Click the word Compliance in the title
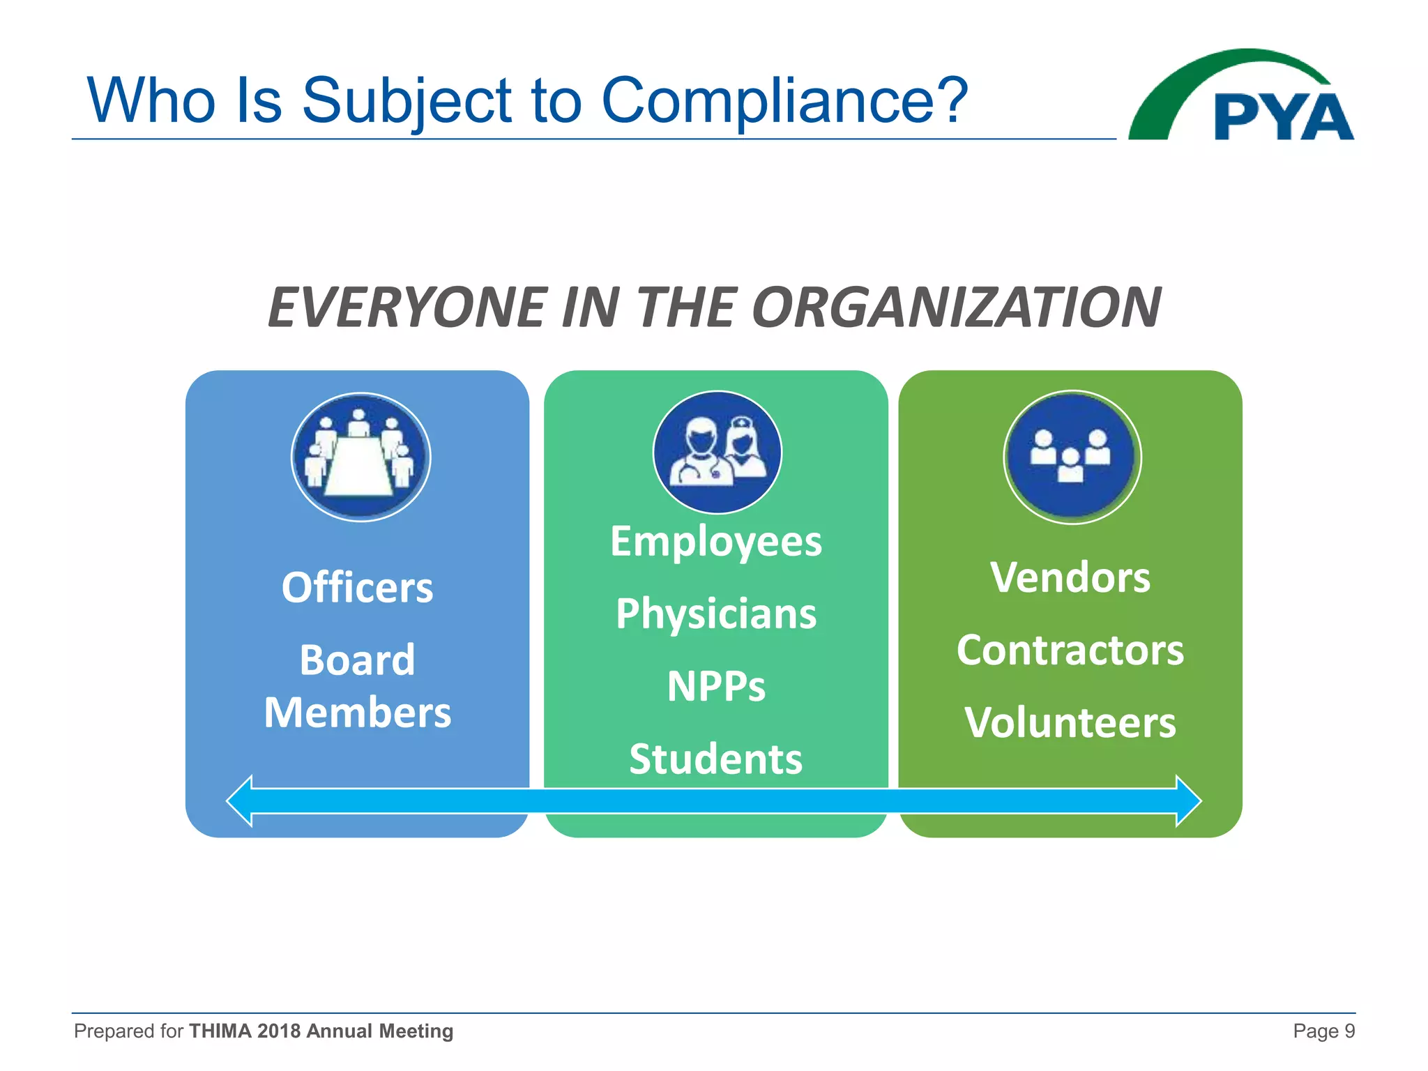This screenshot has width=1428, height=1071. [784, 100]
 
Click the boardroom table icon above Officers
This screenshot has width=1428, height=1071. [360, 457]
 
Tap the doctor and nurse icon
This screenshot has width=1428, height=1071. [717, 453]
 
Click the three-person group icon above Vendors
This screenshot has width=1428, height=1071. [1072, 457]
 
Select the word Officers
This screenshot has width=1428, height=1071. [357, 587]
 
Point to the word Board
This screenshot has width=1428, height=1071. [357, 660]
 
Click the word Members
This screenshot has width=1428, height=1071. [357, 713]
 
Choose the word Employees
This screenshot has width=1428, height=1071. [716, 542]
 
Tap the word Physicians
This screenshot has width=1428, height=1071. [716, 614]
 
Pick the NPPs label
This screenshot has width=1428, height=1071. [716, 686]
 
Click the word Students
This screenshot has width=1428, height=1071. [716, 759]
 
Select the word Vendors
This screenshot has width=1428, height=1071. [1070, 578]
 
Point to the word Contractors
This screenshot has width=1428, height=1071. [1070, 650]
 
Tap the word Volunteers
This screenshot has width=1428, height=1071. [1070, 722]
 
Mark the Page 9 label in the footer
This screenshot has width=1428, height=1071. [1323, 1031]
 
